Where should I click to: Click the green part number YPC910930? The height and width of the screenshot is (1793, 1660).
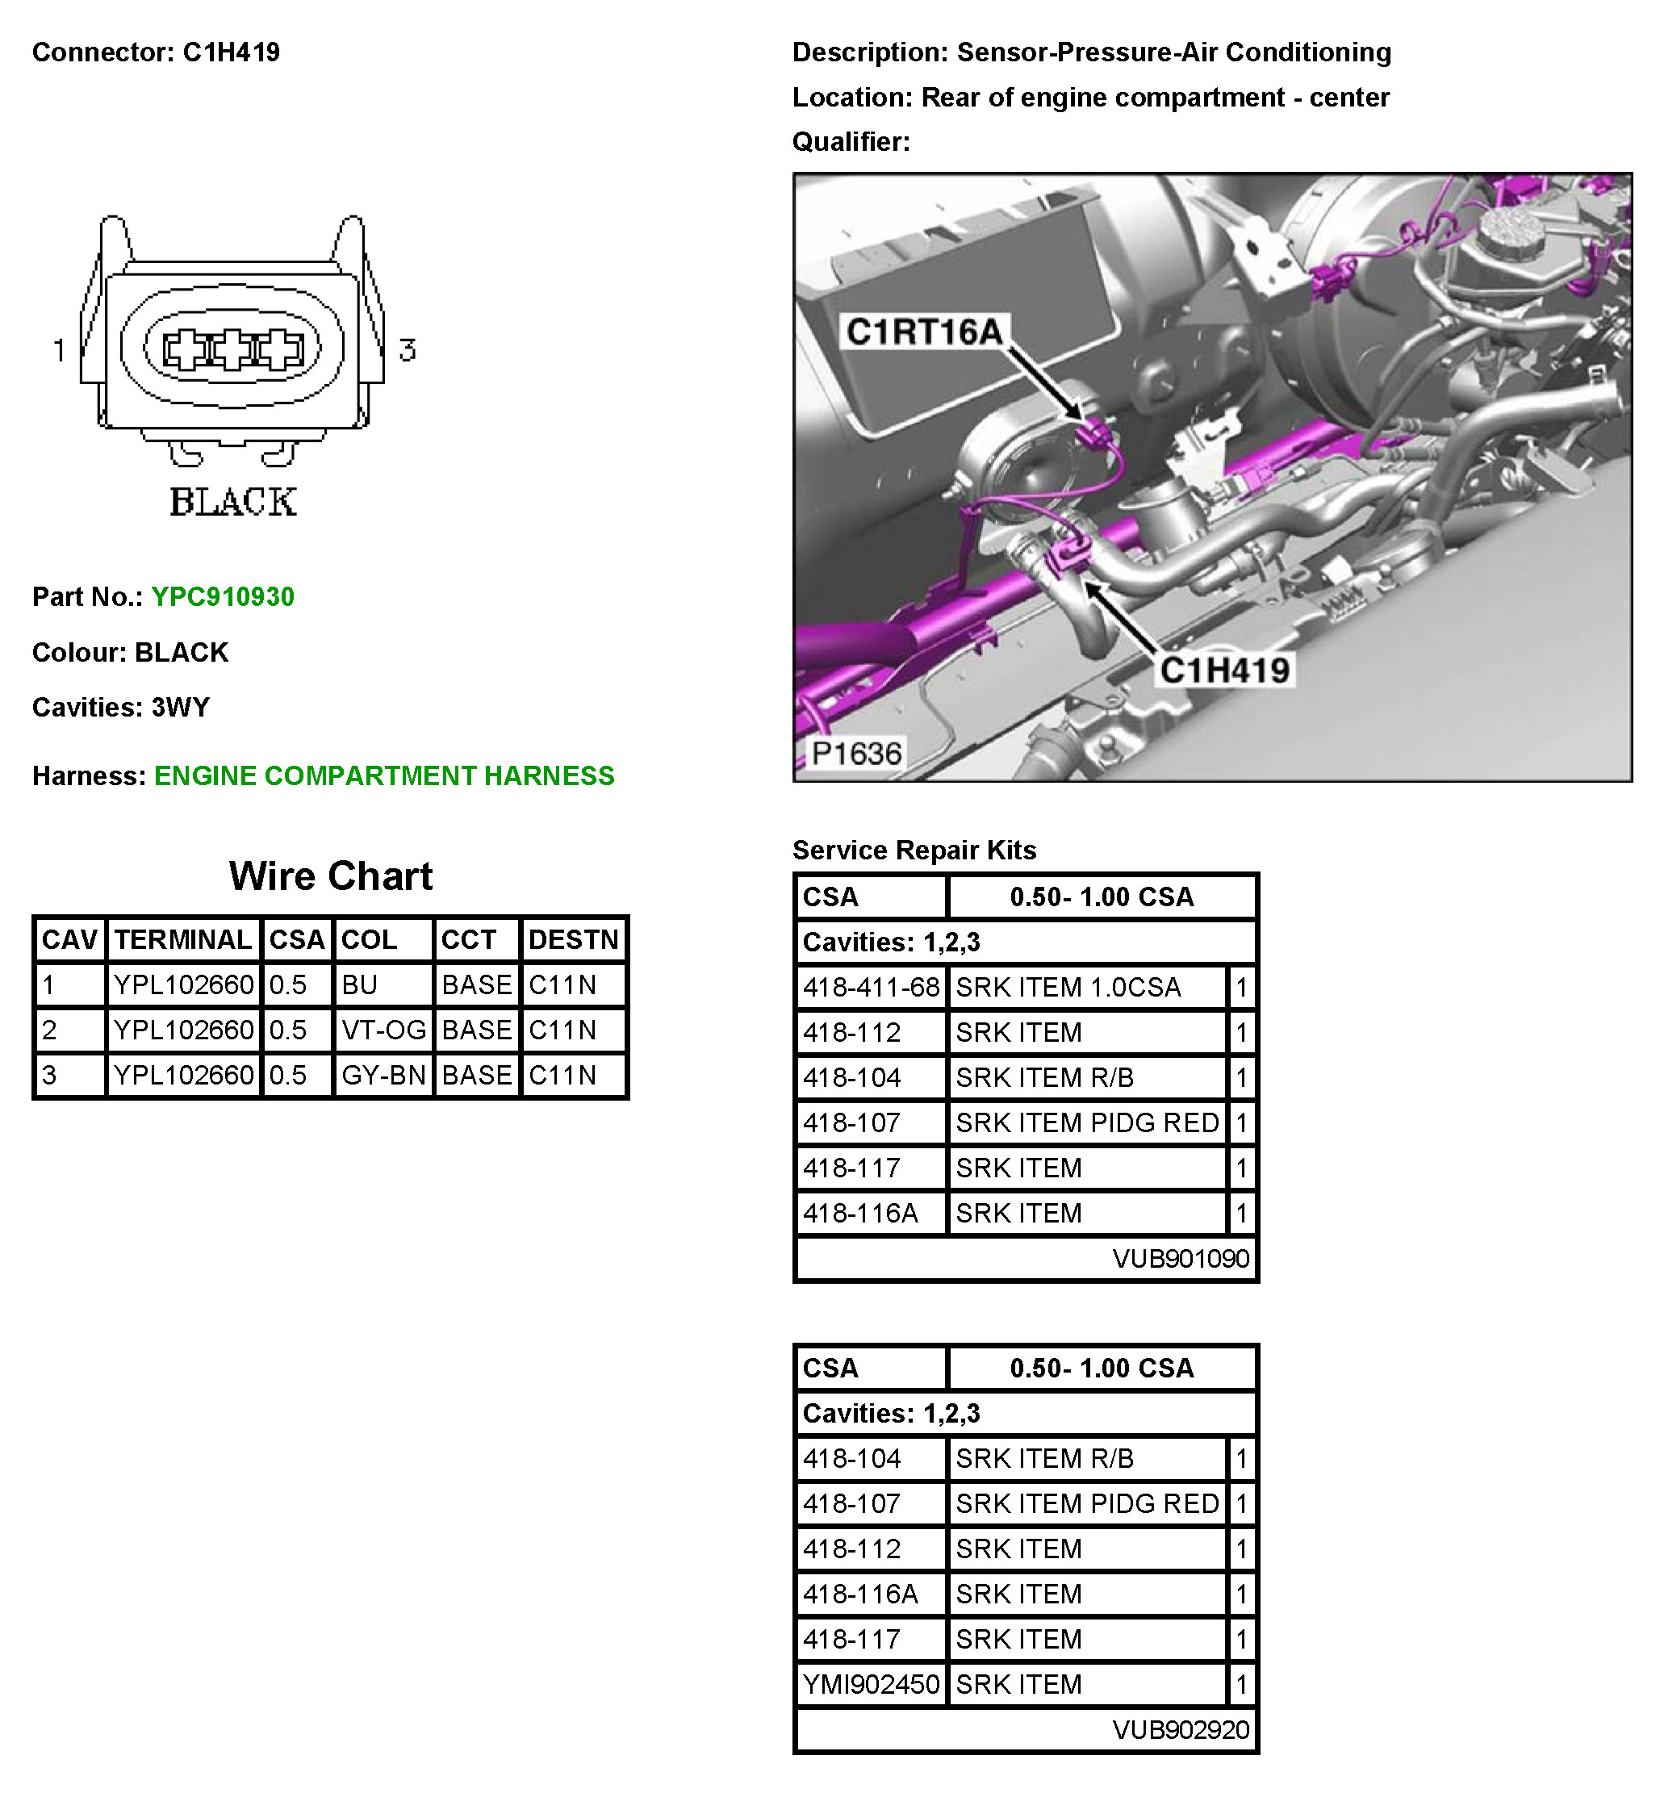point(222,597)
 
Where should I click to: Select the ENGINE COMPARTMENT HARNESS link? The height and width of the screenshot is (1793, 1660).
point(383,776)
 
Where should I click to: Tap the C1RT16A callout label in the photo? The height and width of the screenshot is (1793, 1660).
point(924,332)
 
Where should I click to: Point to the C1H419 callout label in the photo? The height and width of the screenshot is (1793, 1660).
point(1224,670)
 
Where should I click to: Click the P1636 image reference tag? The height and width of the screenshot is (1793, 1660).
point(856,754)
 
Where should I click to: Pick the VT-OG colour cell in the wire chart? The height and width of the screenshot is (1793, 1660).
point(383,1030)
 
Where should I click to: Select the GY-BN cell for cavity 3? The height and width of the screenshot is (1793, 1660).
point(383,1076)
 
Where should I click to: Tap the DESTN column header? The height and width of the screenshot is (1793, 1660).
point(573,939)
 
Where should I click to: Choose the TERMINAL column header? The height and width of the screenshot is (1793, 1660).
point(183,939)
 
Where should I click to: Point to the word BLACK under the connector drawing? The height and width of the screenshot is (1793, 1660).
point(232,502)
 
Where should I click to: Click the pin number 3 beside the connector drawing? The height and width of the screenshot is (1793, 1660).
point(407,349)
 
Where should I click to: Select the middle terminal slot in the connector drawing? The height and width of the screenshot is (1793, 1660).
point(232,350)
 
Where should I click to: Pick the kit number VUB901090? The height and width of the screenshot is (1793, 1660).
point(1181,1260)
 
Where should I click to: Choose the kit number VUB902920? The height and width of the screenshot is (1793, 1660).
point(1181,1730)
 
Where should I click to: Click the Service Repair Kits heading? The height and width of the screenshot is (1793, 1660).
point(914,851)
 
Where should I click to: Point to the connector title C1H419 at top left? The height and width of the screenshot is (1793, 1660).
point(231,53)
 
